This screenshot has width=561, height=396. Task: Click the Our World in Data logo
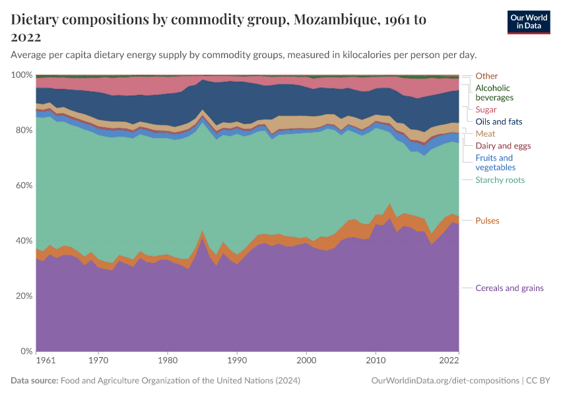pos(528,22)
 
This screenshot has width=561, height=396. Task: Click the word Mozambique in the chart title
pos(333,20)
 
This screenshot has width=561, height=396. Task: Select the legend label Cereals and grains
pos(510,288)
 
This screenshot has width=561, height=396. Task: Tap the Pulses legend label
pos(487,220)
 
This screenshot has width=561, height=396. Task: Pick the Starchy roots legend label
pos(500,180)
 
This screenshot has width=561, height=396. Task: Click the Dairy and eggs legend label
pos(503,146)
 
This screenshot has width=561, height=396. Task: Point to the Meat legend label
pos(485,133)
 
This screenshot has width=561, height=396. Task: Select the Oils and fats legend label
pos(498,121)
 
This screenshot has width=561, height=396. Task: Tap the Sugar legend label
pos(486,110)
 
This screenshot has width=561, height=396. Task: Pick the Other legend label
pos(486,76)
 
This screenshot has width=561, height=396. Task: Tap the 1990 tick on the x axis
pos(237,361)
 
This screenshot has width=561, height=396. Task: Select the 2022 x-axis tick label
pos(449,361)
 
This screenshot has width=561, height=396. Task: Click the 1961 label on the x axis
pos(46,361)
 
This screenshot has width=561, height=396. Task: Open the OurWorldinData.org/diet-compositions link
pos(445,381)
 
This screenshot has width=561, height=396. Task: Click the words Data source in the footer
pos(34,381)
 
